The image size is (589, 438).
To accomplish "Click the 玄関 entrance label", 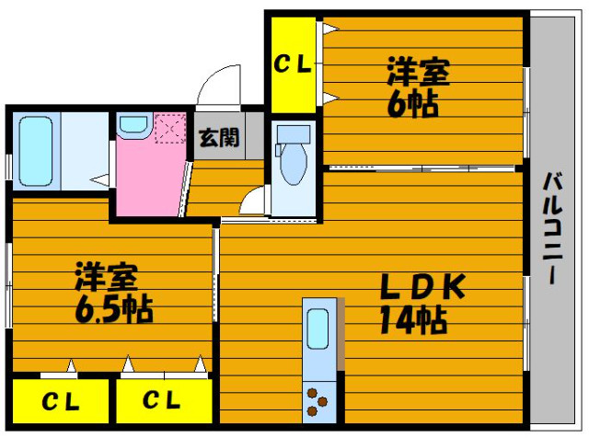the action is [219, 137].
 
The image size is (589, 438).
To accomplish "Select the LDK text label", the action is [423, 287].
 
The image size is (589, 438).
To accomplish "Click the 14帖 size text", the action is [413, 320].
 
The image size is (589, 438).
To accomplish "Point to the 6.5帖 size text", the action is [114, 310].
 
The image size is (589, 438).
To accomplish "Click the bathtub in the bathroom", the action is [36, 151].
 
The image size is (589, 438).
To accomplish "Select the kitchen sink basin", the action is [318, 329].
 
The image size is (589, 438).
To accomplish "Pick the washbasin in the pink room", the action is [133, 123].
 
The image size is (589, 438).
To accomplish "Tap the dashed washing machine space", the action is [170, 128].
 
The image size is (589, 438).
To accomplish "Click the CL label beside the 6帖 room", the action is [293, 64].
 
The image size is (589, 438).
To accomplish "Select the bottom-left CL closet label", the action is [61, 401].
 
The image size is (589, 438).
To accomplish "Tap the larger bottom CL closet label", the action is [162, 399].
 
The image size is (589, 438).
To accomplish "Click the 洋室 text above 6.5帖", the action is [107, 277].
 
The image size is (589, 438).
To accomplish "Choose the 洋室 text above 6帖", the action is [419, 72].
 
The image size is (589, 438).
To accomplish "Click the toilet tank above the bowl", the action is [294, 134].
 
